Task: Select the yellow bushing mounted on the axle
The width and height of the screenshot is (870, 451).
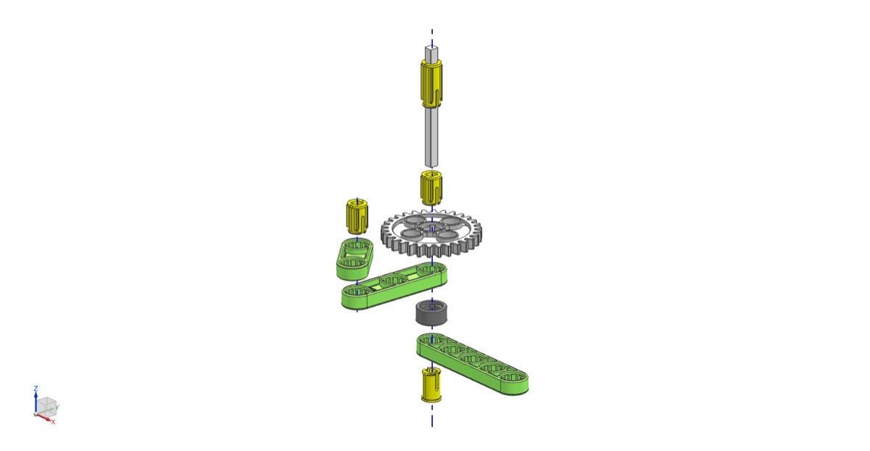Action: tap(431, 83)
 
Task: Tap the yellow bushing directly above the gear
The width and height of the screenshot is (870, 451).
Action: tap(431, 188)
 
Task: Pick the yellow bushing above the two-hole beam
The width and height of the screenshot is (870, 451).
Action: tap(357, 216)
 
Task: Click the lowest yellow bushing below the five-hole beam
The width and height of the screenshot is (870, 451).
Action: tap(431, 384)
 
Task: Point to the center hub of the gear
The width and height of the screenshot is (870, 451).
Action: tap(431, 229)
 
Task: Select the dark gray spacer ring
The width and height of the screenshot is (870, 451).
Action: tap(431, 313)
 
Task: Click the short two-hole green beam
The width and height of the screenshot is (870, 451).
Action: tap(355, 260)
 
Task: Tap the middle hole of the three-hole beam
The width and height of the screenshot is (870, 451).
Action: tap(393, 280)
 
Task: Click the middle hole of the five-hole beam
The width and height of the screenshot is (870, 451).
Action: tap(473, 358)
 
